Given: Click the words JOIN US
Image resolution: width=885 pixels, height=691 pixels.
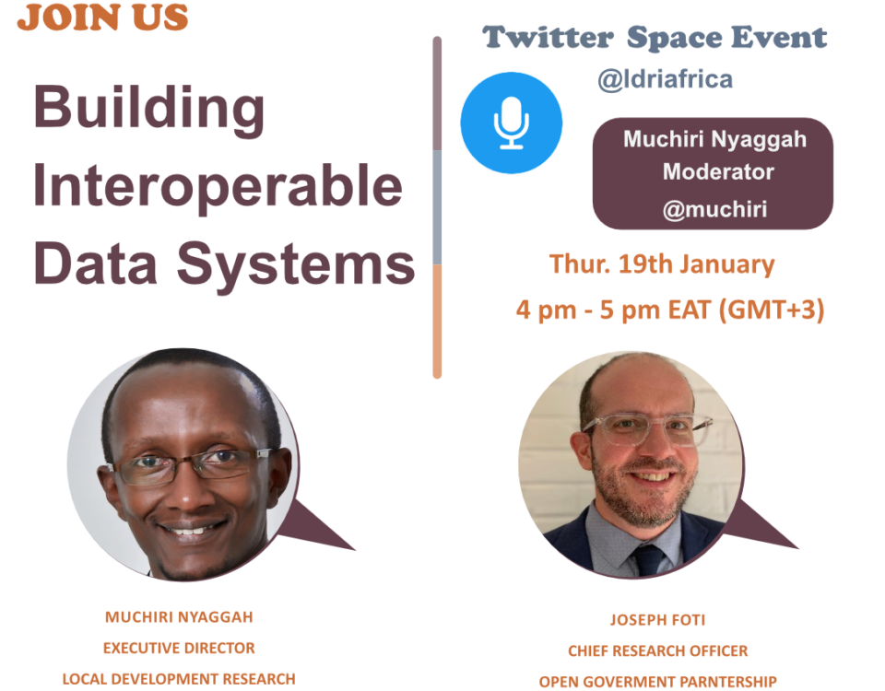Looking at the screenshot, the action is (x=102, y=17).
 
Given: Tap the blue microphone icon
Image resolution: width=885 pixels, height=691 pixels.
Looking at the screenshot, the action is (x=512, y=123).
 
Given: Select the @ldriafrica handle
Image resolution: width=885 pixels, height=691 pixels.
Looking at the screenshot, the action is (x=665, y=79).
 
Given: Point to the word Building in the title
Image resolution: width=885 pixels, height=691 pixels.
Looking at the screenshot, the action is (x=149, y=110).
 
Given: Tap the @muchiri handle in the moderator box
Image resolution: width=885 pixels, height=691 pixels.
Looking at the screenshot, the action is (x=714, y=210).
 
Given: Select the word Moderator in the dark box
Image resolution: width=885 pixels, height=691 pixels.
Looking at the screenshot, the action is (x=718, y=171).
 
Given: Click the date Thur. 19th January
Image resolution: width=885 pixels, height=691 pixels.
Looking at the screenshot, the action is (x=662, y=264).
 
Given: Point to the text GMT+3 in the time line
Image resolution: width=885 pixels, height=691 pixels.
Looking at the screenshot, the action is (x=772, y=310).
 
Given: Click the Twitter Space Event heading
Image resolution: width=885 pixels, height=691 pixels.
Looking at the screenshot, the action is (x=655, y=38).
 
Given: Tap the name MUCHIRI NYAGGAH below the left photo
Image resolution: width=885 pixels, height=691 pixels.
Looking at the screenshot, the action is (x=179, y=617).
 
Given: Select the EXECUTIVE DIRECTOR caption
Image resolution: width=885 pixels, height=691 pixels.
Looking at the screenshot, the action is (x=179, y=648).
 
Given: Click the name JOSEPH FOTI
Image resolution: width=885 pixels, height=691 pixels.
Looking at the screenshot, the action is (x=657, y=620).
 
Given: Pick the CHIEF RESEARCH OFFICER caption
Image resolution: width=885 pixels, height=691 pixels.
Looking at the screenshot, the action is (x=657, y=651).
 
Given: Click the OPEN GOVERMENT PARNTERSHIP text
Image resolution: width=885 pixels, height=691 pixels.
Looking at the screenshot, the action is (x=657, y=682).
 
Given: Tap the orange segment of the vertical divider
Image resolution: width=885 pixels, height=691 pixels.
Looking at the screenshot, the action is (x=437, y=322).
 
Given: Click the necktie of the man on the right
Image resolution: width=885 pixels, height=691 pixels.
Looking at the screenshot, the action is (x=648, y=559).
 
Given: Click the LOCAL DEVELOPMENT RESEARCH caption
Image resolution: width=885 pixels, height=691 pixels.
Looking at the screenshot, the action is (x=179, y=679).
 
